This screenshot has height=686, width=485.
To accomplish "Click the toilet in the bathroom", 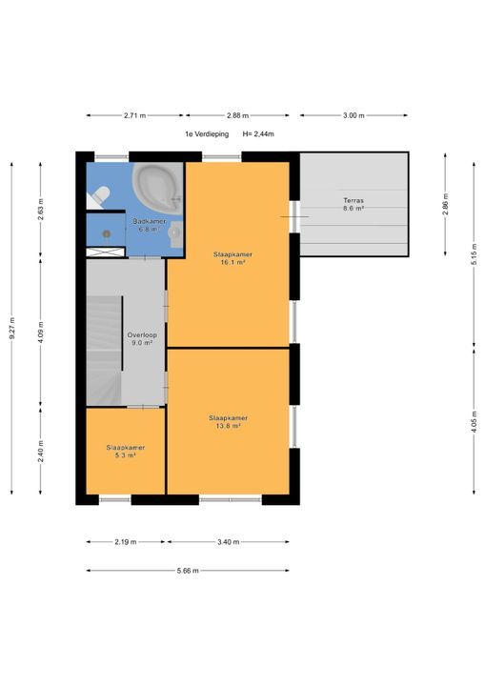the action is [99, 197].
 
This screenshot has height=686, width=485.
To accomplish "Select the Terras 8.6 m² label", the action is [354, 204].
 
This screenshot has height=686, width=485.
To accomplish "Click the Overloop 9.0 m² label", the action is [142, 339].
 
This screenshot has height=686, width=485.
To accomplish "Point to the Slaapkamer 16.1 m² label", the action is [232, 258].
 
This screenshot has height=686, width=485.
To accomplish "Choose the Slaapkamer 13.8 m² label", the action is [228, 422].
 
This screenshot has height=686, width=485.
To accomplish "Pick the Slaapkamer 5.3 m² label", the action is [126, 452].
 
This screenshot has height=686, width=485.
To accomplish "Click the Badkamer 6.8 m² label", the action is [150, 225].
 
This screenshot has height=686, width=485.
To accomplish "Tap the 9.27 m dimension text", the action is [11, 328].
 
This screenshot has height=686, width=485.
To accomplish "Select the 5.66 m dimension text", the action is [188, 571].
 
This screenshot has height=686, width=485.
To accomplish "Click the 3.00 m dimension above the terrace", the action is [354, 115].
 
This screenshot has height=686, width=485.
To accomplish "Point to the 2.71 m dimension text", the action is [134, 115].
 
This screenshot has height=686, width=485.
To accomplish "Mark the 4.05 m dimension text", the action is [475, 421].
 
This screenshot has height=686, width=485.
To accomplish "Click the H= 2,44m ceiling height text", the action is [258, 134].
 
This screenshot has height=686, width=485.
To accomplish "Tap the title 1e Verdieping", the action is [207, 134].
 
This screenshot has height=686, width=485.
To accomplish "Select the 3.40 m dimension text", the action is [229, 542].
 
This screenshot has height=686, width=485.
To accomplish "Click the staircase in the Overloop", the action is [104, 351].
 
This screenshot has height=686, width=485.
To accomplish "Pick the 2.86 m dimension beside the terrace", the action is [445, 204].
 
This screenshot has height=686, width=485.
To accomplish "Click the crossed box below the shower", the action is [106, 252].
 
